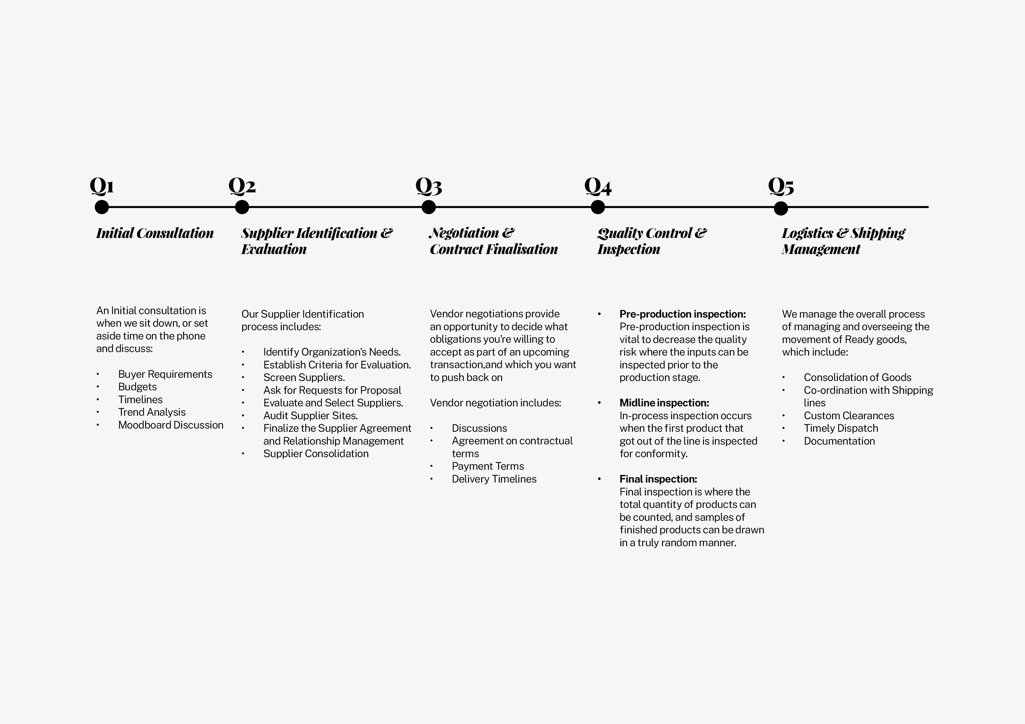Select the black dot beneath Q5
coord(781,208)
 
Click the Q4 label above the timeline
coord(598,186)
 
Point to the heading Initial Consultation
coord(155,233)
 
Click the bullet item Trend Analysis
coord(152,412)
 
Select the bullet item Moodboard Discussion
coord(171,425)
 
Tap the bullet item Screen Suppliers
coord(304,377)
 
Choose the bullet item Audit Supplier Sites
coord(310,416)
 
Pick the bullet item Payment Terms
coord(487,466)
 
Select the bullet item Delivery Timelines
coord(494,479)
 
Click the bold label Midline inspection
coord(664,403)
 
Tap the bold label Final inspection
coord(658,479)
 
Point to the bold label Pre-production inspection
coord(682,314)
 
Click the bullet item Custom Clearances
coord(849,416)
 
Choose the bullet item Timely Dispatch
coord(841,428)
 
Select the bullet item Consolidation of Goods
coord(857,377)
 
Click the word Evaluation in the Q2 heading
coord(274,249)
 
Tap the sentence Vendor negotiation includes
coord(495,403)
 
